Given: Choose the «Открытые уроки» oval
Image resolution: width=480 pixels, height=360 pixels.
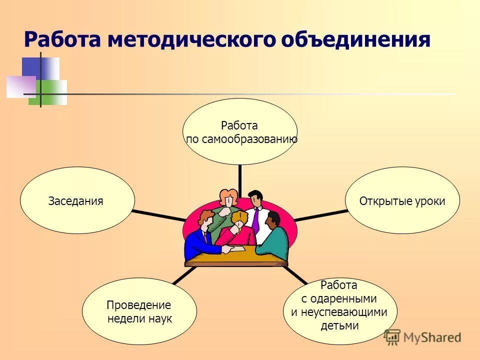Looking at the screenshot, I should coord(402,201).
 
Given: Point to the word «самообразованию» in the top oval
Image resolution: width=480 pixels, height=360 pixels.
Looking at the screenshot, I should coord(241,139).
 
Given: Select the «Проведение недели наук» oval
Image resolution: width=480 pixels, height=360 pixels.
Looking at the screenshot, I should coord(139,311).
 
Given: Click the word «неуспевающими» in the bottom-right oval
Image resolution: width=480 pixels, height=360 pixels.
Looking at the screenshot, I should coord(339,312).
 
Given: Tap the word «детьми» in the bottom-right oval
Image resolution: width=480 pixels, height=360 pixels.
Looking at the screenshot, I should coord(339,325).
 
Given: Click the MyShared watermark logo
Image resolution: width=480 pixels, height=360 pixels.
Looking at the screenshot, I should coord(422,337).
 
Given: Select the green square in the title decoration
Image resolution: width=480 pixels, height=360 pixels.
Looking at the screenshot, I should coord(52,92).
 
